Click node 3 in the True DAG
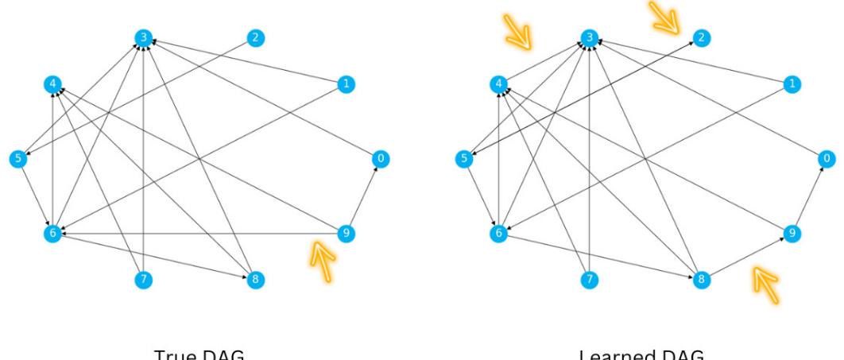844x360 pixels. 143,37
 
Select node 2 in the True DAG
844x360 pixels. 255,37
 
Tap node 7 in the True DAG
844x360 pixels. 143,279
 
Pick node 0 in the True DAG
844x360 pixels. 381,158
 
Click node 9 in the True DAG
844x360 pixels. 345,233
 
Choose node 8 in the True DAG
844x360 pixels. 255,279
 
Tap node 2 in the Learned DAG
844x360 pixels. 701,37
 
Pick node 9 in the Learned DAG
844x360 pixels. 791,233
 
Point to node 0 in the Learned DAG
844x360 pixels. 827,158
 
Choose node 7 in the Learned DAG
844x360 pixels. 589,279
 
